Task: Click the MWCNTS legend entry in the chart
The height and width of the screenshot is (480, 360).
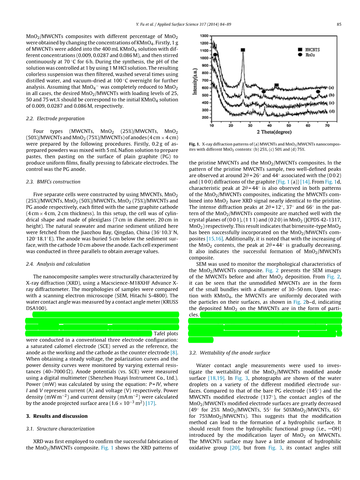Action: click(x=312, y=50)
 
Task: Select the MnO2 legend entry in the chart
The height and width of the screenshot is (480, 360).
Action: click(x=310, y=55)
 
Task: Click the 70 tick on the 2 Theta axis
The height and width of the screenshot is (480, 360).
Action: click(x=327, y=126)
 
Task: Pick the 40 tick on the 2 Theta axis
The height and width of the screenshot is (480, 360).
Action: click(x=269, y=126)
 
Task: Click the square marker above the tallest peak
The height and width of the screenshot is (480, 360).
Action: click(x=243, y=50)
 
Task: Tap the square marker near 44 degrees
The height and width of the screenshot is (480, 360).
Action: click(x=276, y=85)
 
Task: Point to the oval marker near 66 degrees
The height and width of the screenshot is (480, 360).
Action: click(x=318, y=91)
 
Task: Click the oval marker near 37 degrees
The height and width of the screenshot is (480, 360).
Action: click(x=264, y=92)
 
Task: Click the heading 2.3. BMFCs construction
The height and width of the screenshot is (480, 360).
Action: click(x=53, y=182)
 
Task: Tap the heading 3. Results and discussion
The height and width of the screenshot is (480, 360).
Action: click(x=57, y=416)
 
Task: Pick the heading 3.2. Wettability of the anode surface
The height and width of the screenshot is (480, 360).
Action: click(x=229, y=353)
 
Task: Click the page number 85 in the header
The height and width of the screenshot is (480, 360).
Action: click(x=339, y=25)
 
